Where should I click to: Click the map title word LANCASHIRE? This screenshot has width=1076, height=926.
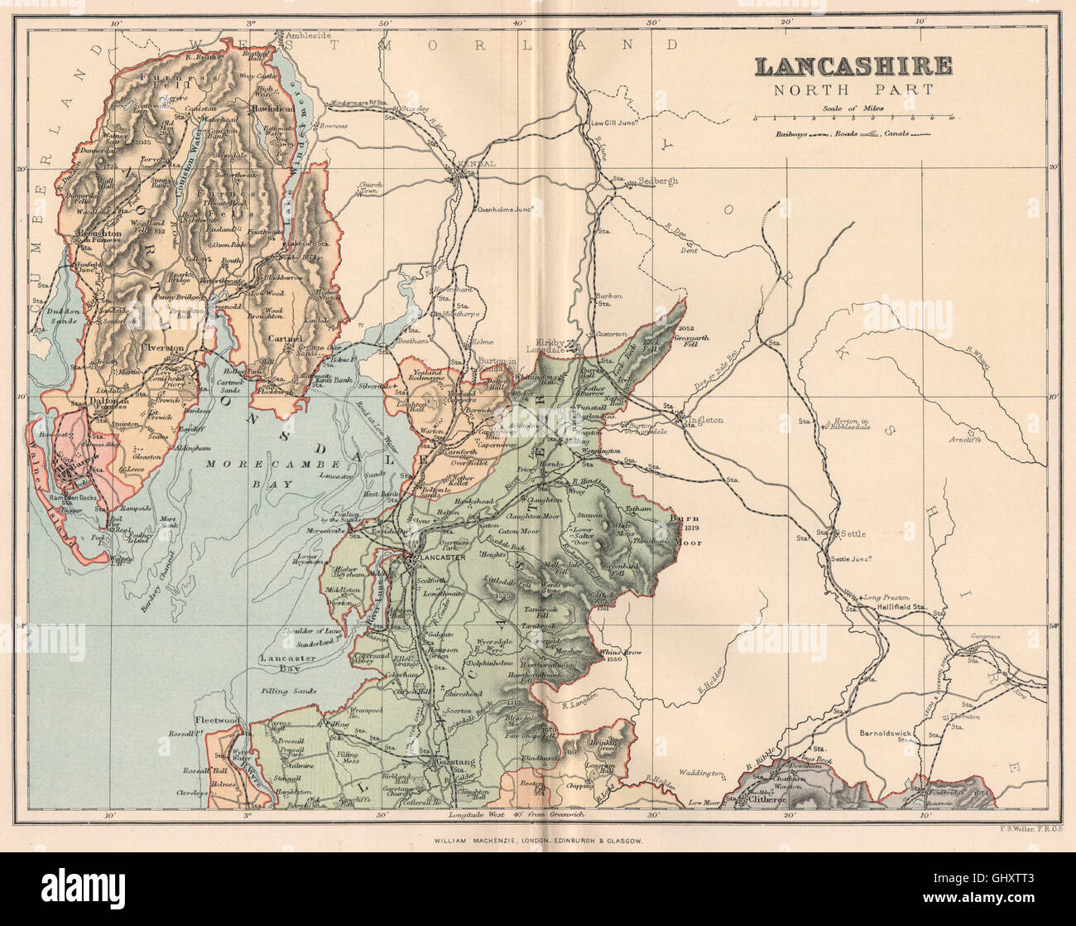click(853, 66)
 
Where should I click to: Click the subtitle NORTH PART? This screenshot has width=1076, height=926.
click(853, 90)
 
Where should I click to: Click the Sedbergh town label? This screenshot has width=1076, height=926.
click(657, 181)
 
